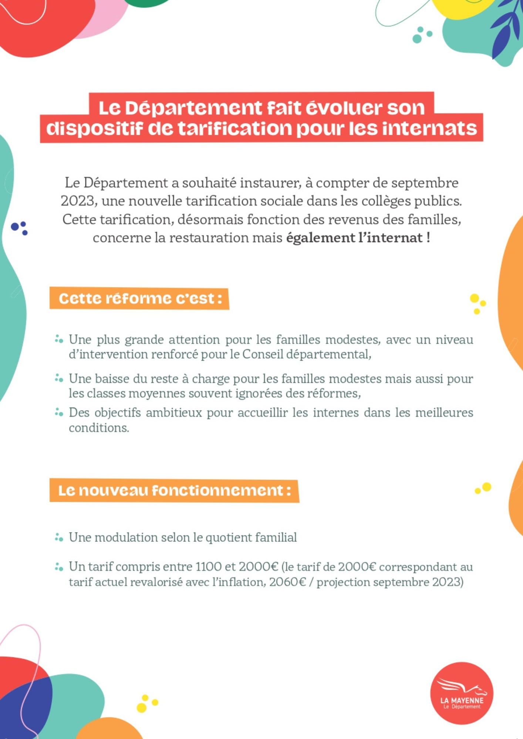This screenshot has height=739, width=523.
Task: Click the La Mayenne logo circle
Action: pos(462,693)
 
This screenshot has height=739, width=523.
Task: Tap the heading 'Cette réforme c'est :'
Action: pos(139,299)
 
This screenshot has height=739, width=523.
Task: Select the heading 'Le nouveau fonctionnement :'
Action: pos(174,491)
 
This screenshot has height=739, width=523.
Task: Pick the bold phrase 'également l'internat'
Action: pos(354,238)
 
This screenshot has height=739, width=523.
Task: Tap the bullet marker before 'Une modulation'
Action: pos(59,537)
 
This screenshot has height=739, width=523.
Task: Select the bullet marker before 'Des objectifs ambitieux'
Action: pos(59,412)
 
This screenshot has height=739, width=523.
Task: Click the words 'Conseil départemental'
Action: pos(306,354)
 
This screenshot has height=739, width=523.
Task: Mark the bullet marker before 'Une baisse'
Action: pos(59,378)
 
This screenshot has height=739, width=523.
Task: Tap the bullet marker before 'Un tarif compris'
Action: pos(59,566)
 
